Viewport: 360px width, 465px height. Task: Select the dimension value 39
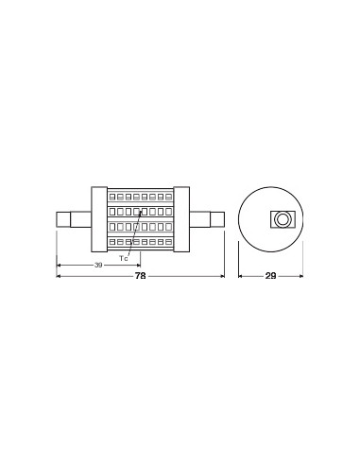(99, 265)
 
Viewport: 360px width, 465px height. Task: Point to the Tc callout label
(125, 256)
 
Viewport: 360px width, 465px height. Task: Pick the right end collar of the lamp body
(184, 217)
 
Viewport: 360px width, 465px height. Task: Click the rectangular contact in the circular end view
(281, 219)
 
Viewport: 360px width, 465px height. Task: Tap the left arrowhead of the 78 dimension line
(60, 277)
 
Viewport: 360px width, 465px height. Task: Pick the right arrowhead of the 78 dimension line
(221, 277)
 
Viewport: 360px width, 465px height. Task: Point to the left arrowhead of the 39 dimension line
(60, 266)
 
